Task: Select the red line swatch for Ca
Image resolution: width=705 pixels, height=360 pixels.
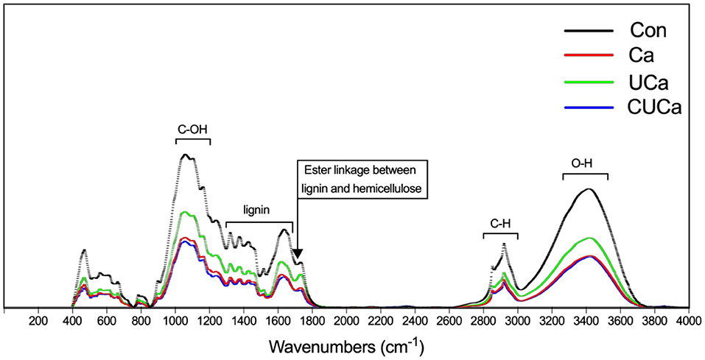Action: point(589,56)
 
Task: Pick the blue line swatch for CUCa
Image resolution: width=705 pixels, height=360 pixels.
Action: point(589,107)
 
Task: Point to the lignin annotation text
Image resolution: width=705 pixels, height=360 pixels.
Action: point(259,209)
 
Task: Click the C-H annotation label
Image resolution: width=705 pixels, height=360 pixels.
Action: point(500,222)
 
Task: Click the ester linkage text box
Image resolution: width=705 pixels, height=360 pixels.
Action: point(364,179)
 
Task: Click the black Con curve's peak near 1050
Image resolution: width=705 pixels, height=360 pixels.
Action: point(185,155)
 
